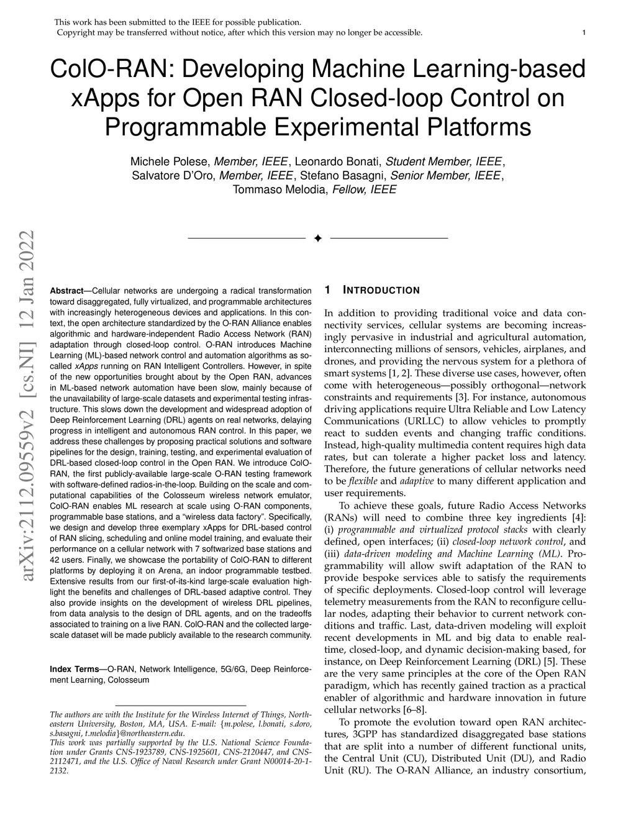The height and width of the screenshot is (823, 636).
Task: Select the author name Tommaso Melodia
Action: (x=279, y=189)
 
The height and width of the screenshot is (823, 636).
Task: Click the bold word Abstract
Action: (x=66, y=291)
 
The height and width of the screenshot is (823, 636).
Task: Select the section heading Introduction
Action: (x=381, y=290)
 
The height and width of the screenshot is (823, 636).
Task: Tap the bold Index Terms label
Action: (x=74, y=669)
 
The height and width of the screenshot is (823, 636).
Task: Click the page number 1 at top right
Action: (x=584, y=32)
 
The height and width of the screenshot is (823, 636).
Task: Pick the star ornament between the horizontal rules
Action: (x=318, y=239)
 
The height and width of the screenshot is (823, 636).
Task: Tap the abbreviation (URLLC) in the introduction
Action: (x=420, y=421)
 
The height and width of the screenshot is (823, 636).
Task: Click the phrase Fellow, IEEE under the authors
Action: (x=365, y=189)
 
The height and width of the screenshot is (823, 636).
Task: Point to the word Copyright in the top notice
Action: (x=75, y=32)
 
